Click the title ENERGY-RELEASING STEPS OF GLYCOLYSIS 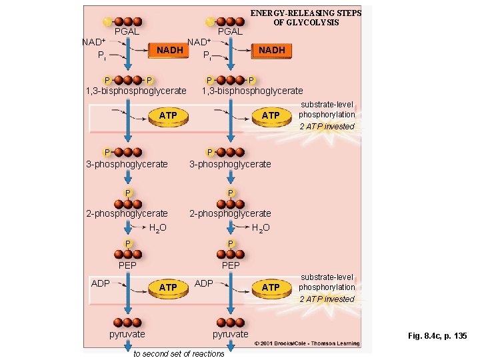(x=305, y=18)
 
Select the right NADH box (x=271, y=50)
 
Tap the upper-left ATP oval (x=168, y=115)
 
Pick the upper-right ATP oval (x=271, y=115)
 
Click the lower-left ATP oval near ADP (x=168, y=287)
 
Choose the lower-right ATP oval (x=271, y=287)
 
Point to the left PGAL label (x=127, y=31)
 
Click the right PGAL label (x=230, y=31)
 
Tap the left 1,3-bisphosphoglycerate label (x=136, y=91)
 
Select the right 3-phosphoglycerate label (x=230, y=164)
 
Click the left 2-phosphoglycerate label (x=127, y=213)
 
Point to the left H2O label (x=157, y=228)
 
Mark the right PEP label (x=231, y=265)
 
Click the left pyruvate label (x=127, y=333)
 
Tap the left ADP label (x=101, y=283)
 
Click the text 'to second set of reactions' (x=179, y=353)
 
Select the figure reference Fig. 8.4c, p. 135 (x=437, y=336)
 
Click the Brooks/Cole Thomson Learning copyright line (x=307, y=343)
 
